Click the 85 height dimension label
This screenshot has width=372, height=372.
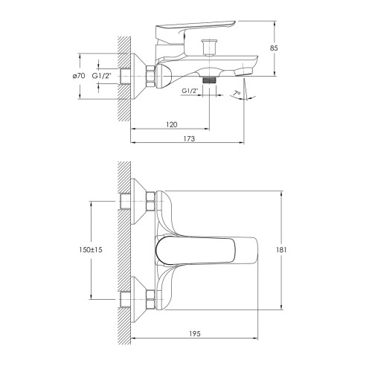point(274,48)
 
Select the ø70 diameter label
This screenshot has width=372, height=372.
point(79,76)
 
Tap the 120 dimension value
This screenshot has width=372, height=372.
point(172,124)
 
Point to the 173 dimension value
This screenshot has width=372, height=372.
point(189,138)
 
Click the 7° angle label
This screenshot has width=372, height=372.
point(237,94)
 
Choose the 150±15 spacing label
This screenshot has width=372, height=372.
point(91,250)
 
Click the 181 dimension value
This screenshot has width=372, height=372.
point(281,250)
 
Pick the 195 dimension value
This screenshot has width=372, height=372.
point(195,334)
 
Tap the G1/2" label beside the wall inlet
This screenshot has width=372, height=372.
point(102,76)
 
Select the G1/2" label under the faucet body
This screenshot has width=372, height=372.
point(190,91)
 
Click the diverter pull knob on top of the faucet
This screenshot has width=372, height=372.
point(210,47)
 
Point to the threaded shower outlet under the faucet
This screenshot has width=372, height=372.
point(210,80)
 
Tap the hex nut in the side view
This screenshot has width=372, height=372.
point(150,76)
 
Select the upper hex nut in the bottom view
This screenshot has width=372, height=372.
point(150,201)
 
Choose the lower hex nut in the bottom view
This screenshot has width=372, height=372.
point(150,300)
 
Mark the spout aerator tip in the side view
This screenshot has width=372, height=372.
point(243,72)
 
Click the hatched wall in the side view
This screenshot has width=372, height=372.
point(124,79)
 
